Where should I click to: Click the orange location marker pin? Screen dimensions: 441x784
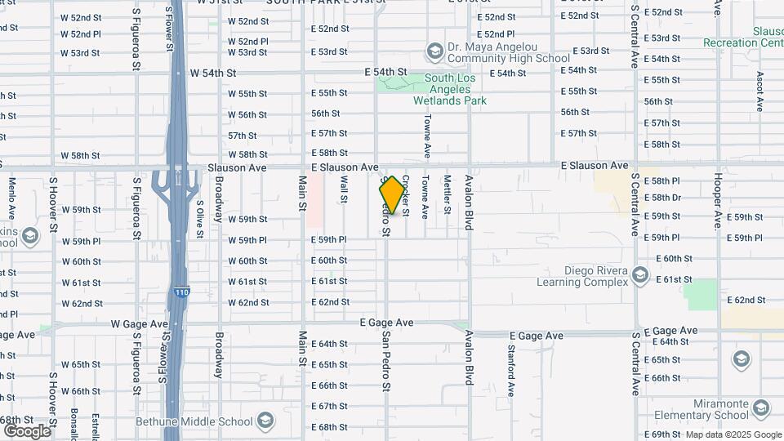click(393, 195)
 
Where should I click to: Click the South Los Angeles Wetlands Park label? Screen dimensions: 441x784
click(448, 89)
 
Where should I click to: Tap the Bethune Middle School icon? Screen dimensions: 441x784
click(265, 421)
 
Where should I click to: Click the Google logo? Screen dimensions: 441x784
click(27, 430)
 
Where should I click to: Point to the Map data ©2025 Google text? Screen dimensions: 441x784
click(733, 434)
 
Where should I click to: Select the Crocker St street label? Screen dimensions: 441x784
click(405, 195)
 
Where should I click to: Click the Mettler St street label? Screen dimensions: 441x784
click(447, 195)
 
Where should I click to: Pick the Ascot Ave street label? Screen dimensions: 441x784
click(759, 91)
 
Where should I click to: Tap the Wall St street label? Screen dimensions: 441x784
click(345, 189)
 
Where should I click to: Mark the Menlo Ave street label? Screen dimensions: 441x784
click(12, 198)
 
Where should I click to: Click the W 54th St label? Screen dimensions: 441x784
click(212, 73)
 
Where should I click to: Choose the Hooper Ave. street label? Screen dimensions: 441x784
click(717, 198)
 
